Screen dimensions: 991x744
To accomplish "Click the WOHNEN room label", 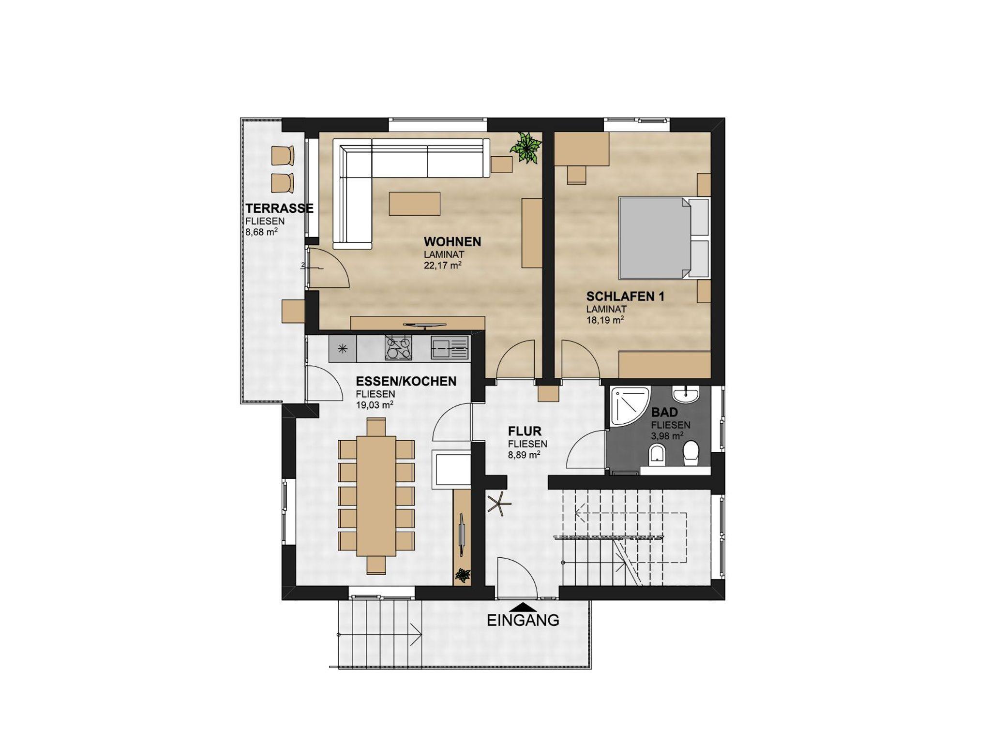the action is (x=452, y=241).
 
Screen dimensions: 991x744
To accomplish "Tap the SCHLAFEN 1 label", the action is (x=625, y=296).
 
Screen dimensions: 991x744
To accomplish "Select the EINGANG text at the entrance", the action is (x=523, y=620).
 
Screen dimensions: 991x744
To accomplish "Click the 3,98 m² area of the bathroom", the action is (x=667, y=435).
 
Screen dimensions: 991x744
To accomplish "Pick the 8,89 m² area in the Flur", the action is (x=524, y=454).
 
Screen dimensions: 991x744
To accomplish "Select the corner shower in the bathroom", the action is (x=630, y=407).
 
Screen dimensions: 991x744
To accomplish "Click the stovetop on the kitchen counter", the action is (x=398, y=348).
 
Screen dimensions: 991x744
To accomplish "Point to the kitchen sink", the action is (x=450, y=348).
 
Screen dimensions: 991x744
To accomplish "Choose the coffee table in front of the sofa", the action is (x=415, y=203).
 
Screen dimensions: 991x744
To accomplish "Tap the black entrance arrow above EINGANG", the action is (x=523, y=607).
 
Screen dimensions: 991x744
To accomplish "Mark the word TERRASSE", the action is (x=279, y=208).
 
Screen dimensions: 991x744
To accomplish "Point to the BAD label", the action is (x=664, y=413).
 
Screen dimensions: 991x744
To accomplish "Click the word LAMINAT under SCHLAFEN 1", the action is (x=606, y=309).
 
